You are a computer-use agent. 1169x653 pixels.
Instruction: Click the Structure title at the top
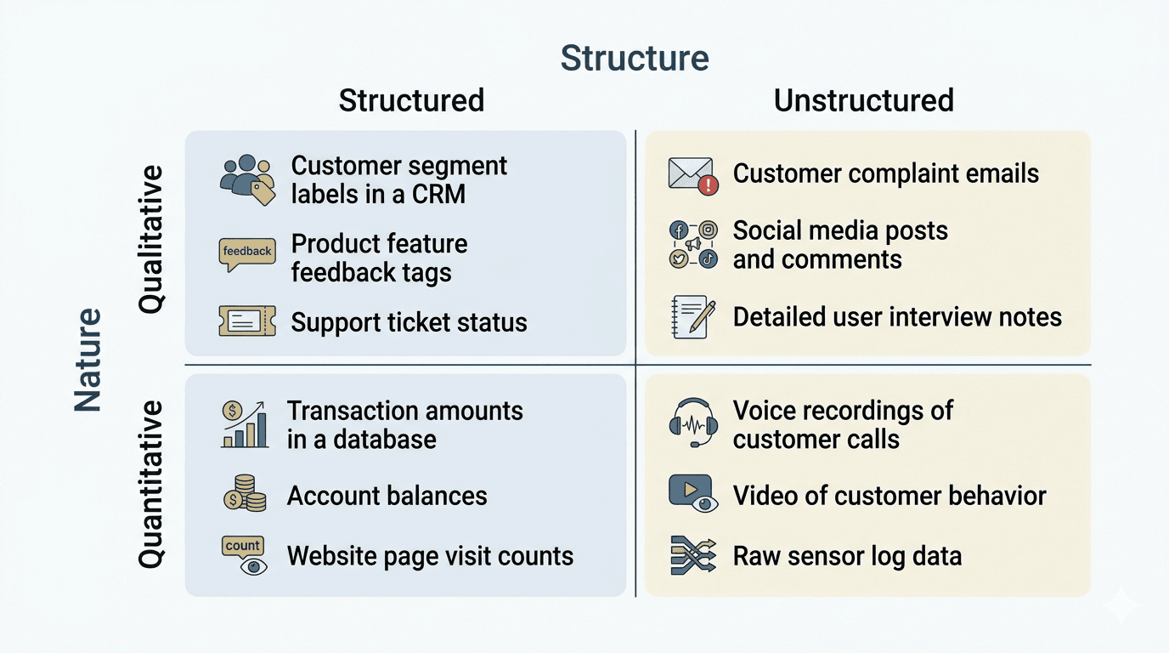[635, 58]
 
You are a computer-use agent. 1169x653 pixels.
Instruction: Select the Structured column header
[411, 100]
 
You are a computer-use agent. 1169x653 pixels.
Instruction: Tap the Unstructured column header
[863, 100]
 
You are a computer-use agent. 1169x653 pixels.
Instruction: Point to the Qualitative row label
[151, 240]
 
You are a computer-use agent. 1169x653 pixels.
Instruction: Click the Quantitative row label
[151, 484]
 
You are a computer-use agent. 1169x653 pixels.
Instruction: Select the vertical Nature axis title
[88, 361]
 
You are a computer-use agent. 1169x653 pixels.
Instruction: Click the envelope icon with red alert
[692, 175]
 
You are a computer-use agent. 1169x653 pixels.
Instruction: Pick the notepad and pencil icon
[692, 316]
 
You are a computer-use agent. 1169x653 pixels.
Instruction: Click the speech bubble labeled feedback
[246, 253]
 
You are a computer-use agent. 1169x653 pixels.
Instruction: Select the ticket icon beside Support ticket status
[246, 321]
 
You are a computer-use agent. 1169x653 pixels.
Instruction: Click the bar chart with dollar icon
[245, 424]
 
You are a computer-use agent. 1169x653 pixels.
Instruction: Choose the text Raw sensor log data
[847, 557]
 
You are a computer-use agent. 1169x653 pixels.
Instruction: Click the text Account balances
[387, 496]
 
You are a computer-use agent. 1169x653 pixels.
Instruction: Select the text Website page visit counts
[430, 557]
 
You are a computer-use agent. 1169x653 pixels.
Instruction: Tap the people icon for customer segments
[246, 178]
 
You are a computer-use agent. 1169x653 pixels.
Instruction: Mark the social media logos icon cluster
[692, 245]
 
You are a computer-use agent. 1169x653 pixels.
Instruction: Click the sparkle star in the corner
[1120, 606]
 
